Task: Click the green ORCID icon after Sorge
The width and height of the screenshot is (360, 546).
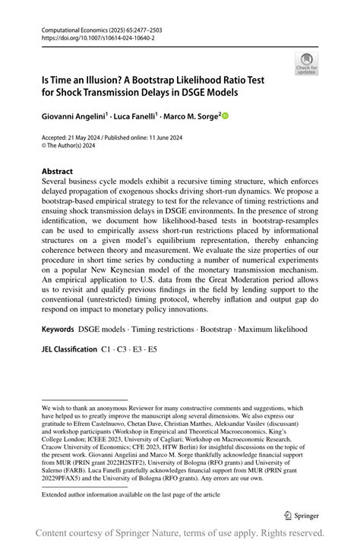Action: [224, 116]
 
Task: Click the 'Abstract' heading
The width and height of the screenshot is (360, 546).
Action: [58, 172]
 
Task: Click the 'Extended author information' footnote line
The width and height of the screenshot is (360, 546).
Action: [131, 494]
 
